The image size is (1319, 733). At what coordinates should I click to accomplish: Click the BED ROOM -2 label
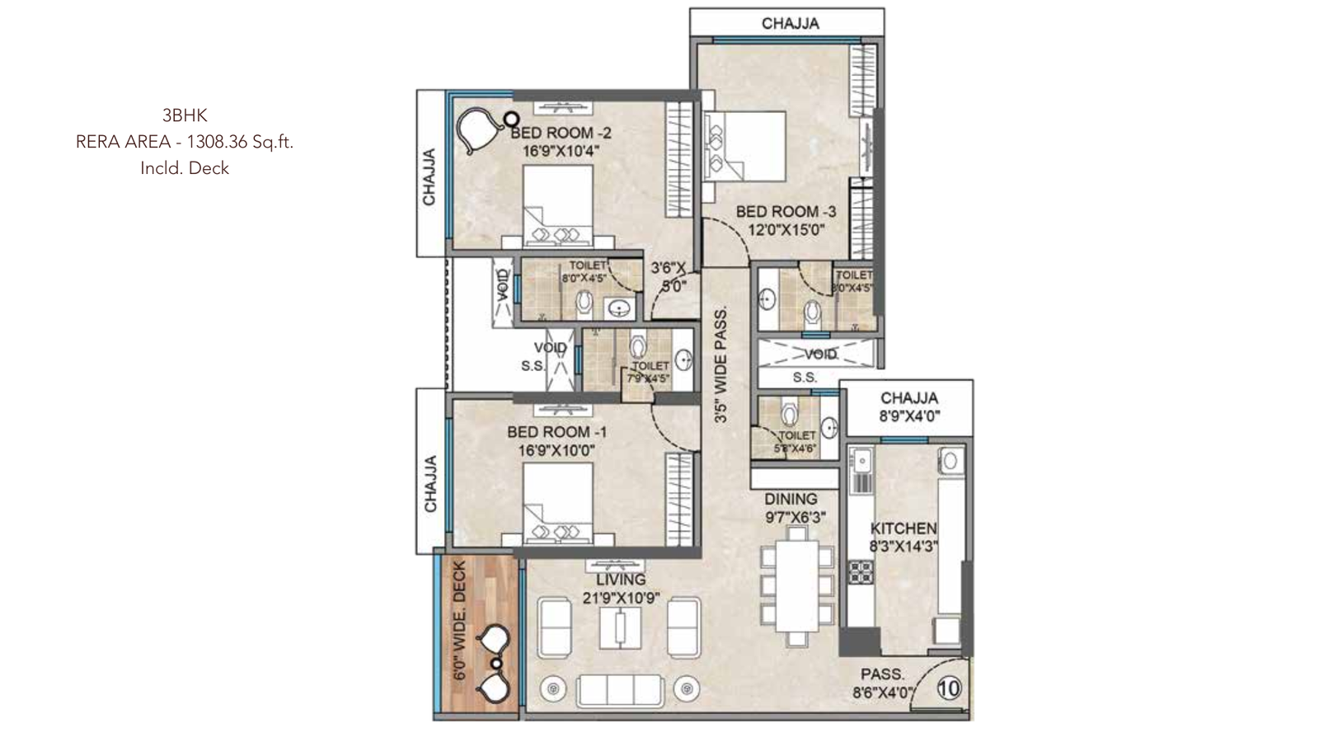coord(561,133)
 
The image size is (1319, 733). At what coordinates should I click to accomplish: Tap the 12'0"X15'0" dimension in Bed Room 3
coord(786,230)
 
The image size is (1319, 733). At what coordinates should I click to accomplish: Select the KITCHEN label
coord(904,528)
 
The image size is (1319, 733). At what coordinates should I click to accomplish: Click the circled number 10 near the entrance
coord(949,688)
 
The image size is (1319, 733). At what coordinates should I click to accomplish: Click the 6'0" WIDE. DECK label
coord(460,621)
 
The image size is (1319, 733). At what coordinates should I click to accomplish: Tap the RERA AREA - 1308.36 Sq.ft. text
coord(185,142)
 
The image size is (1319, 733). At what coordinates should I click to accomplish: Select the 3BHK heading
coord(185,115)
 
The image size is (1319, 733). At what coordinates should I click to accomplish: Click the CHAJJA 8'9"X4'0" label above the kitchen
coord(908,406)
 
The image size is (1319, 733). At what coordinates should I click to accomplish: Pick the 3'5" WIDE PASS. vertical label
coord(721,365)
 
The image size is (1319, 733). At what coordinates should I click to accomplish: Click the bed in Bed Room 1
coord(556,503)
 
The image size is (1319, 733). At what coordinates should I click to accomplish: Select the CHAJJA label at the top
coord(790,23)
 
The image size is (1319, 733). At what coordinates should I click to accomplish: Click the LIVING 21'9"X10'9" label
coord(621,589)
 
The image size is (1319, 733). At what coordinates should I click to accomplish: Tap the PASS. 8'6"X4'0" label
coord(883,684)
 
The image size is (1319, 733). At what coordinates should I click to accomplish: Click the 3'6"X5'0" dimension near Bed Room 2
coord(669,277)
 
